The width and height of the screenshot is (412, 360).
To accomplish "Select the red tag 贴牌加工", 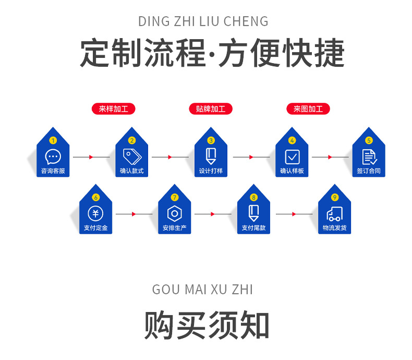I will pos(210,109).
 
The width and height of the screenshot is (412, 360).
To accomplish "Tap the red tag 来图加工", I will pos(308,109).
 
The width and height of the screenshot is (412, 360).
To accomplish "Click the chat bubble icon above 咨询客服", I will pos(53,156).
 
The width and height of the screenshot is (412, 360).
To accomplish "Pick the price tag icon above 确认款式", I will pos(131,156).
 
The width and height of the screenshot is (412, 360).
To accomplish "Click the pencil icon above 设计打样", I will pos(211,156).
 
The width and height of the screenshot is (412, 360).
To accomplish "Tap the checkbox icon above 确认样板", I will pos(292,157).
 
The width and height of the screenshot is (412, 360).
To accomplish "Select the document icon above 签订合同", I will pos(369,157).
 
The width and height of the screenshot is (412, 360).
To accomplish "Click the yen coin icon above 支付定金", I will pos(95,213).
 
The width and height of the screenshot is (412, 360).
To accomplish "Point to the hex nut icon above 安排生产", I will pos(174,213).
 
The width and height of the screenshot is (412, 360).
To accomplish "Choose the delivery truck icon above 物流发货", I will pos(334,213).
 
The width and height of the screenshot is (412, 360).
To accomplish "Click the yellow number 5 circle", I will pos(369,140).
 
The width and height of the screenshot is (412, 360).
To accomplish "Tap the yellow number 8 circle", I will pos(253,197).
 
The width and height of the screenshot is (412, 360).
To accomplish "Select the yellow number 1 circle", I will pos(53,140).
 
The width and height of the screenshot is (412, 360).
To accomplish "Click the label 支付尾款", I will pos(253,228).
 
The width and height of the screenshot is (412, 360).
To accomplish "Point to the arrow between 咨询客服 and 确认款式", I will pos(92,157).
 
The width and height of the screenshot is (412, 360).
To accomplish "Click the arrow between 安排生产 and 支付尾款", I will pos(213,214).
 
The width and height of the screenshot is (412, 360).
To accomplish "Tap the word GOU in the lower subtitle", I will pos(164,290).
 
